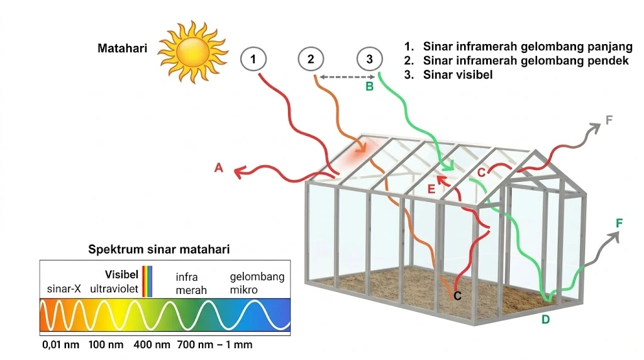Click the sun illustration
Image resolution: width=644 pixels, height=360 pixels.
pos(192,52)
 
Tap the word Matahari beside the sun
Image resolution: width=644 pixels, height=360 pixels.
pos(122,48)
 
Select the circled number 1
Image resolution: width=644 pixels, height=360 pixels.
pos(253,60)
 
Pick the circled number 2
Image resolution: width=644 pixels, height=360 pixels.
pos(311,60)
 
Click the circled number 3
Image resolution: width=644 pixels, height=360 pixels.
pos(369,60)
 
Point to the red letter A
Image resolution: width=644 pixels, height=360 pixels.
pos(218,167)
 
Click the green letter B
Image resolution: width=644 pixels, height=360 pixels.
pos(369,87)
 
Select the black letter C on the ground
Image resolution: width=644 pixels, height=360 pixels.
pos(458,295)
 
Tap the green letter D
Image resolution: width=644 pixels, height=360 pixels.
pos(545,319)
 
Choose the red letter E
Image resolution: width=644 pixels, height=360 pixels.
pos(431,189)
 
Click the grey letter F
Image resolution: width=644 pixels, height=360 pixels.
pos(609,120)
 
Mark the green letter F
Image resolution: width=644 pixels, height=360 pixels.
pos(619,223)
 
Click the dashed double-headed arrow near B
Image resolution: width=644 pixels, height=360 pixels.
pos(347,77)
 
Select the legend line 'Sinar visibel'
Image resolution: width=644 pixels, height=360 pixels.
pos(448,75)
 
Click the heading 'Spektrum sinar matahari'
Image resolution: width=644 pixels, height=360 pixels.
pos(159,249)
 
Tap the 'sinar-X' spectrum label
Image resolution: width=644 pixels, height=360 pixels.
pos(64,289)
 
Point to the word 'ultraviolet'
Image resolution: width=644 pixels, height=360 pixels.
pos(114,289)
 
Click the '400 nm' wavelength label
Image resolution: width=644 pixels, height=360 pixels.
pos(152,344)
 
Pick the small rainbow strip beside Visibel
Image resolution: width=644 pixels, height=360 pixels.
pos(147,281)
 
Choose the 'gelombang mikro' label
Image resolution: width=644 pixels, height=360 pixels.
pos(257,283)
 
